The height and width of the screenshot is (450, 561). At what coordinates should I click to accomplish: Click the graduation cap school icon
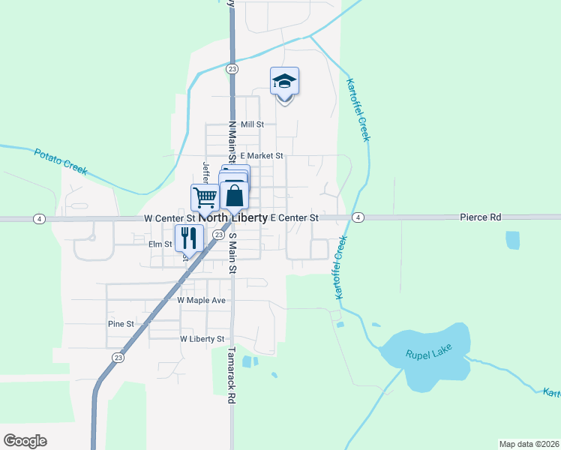click(x=284, y=81)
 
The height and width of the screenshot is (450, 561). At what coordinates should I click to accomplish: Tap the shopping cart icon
click(x=205, y=197)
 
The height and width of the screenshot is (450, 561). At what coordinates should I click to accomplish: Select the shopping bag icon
click(x=235, y=196)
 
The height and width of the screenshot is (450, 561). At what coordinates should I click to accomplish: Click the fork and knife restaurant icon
click(x=188, y=238)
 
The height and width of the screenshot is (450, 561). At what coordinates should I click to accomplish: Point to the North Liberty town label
click(x=232, y=217)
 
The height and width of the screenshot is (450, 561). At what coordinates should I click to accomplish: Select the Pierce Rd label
click(x=480, y=217)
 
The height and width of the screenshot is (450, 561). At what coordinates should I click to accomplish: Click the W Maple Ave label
click(x=201, y=300)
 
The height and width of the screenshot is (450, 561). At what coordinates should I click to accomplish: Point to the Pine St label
click(x=120, y=324)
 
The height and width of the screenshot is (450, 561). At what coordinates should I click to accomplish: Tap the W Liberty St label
click(x=202, y=339)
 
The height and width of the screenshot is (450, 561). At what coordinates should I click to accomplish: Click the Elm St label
click(x=160, y=244)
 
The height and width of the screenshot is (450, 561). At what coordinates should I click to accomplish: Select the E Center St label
click(x=294, y=217)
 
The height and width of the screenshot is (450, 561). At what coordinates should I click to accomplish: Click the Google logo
click(x=25, y=440)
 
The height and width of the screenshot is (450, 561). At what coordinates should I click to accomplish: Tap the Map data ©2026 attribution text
click(x=529, y=444)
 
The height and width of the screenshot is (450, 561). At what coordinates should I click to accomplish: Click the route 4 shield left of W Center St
click(x=38, y=218)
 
